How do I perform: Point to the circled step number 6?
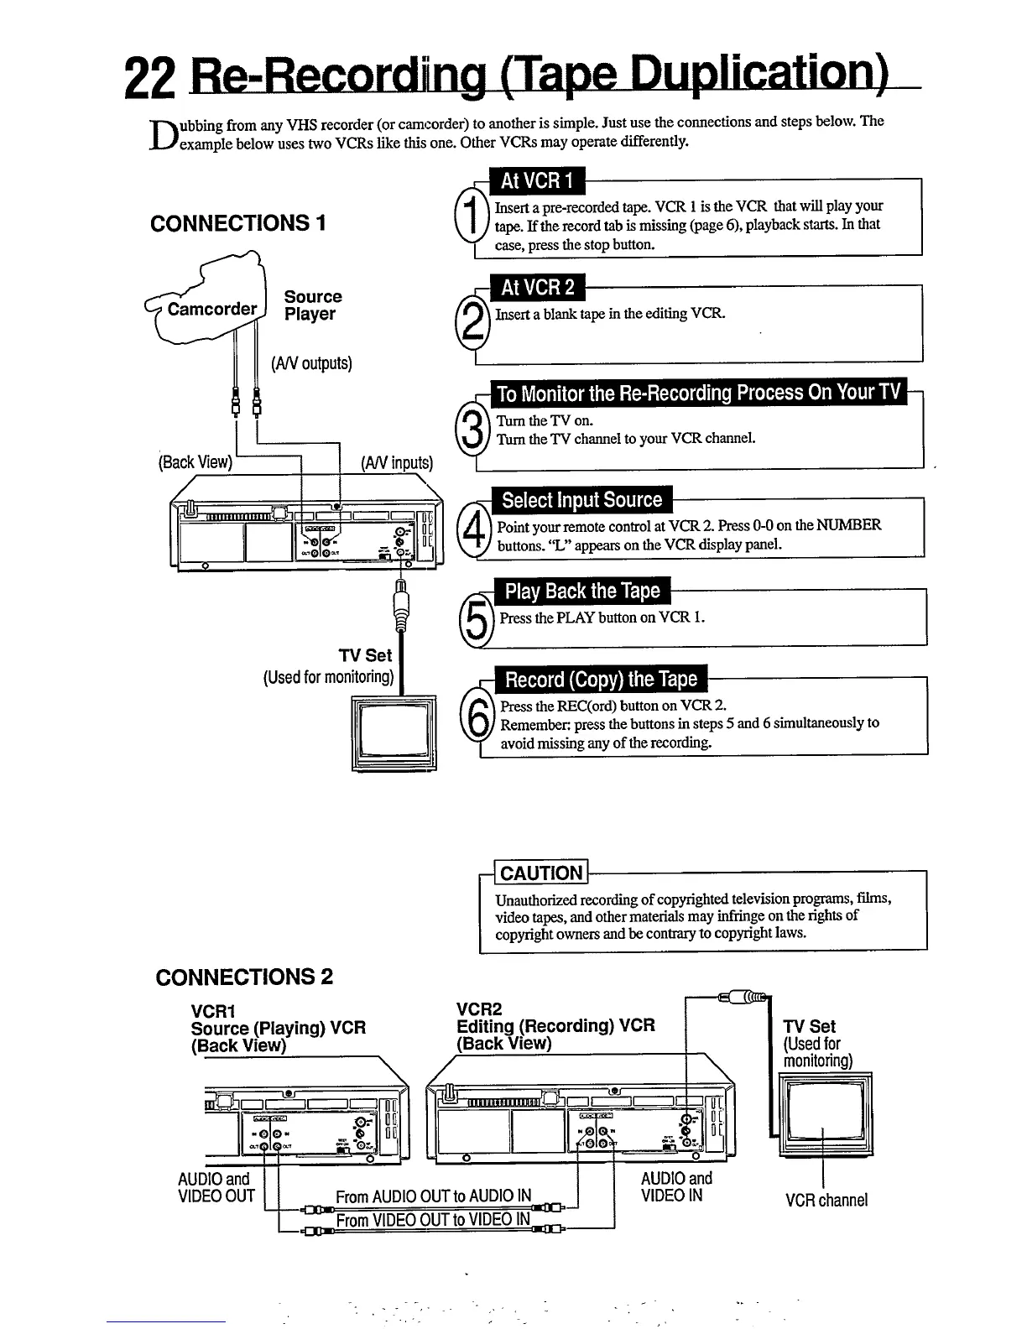[477, 720]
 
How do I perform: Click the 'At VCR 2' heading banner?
[538, 288]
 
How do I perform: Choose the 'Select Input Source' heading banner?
[581, 501]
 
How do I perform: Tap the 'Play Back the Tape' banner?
[582, 592]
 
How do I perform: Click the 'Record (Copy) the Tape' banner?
[600, 680]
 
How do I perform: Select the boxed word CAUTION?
[541, 873]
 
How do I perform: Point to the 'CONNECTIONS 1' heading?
[237, 223]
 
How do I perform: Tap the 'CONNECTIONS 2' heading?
[244, 977]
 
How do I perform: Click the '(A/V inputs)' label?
[396, 463]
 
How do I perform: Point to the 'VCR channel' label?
[826, 1200]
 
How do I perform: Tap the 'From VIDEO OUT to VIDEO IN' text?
[433, 1219]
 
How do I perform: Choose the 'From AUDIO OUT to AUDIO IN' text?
[433, 1196]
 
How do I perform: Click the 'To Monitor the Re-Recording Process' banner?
[698, 393]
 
